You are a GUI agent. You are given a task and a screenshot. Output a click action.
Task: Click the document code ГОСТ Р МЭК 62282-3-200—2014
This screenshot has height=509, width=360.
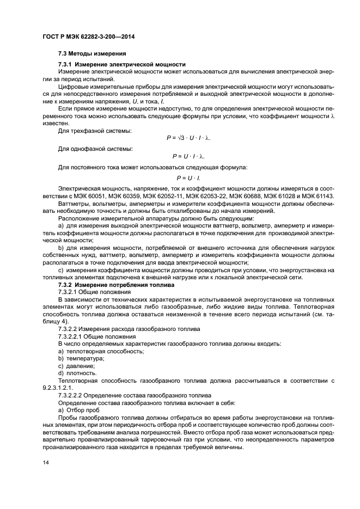(x=88, y=36)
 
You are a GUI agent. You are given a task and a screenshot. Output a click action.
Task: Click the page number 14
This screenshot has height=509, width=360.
(x=46, y=462)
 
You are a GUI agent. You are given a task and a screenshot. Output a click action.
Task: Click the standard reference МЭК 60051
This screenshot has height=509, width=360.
(x=90, y=196)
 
